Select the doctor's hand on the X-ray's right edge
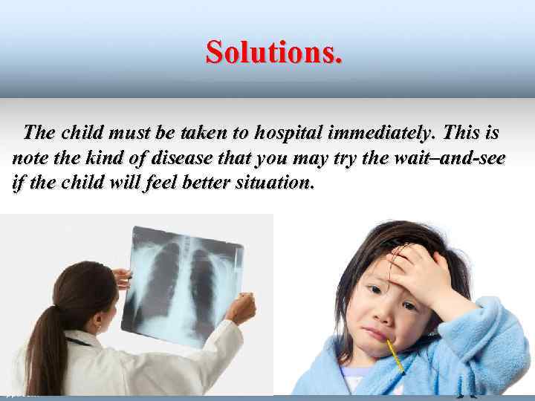pyautogui.click(x=241, y=307)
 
